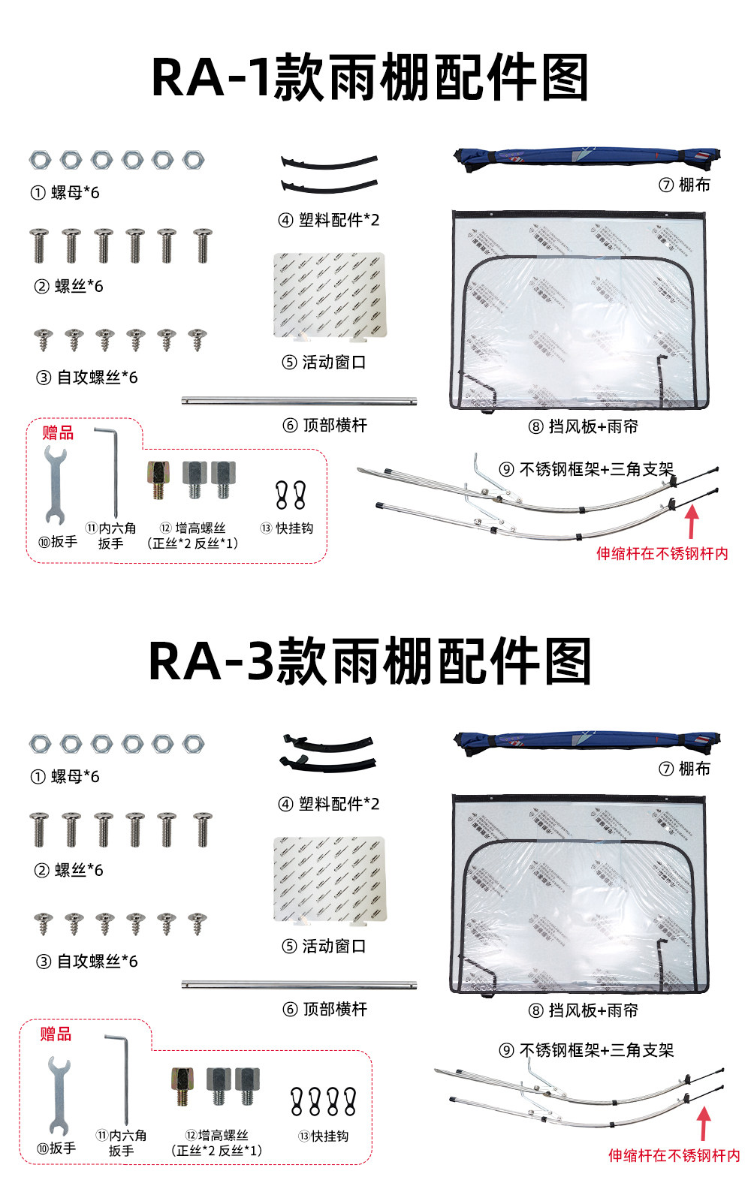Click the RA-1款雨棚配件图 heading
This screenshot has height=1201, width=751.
pyautogui.click(x=370, y=77)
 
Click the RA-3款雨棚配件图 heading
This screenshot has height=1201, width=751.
pyautogui.click(x=370, y=661)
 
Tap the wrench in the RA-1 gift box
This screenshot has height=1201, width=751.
pyautogui.click(x=56, y=485)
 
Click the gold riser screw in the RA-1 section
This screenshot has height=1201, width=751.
pyautogui.click(x=158, y=480)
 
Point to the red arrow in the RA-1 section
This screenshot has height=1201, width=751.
pyautogui.click(x=692, y=522)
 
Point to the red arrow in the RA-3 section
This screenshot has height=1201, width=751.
pyautogui.click(x=704, y=1124)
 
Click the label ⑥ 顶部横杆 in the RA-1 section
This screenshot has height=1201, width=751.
pyautogui.click(x=325, y=425)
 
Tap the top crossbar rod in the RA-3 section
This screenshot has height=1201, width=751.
pyautogui.click(x=299, y=984)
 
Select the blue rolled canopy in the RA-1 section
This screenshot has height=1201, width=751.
pyautogui.click(x=587, y=158)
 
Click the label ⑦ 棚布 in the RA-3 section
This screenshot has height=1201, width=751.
pyautogui.click(x=684, y=769)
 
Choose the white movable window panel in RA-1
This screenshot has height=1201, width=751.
pyautogui.click(x=330, y=296)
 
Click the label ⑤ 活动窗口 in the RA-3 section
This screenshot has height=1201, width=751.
pyautogui.click(x=324, y=947)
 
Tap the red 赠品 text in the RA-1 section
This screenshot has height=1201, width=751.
pyautogui.click(x=58, y=432)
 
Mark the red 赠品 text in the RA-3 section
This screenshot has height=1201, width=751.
pyautogui.click(x=56, y=1034)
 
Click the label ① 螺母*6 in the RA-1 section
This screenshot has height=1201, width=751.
pyautogui.click(x=65, y=192)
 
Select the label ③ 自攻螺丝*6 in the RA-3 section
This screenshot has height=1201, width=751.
pyautogui.click(x=87, y=962)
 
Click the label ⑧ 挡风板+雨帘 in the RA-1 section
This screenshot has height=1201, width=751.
pyautogui.click(x=583, y=426)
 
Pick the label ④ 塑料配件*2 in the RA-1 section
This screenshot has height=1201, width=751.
pyautogui.click(x=328, y=220)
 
